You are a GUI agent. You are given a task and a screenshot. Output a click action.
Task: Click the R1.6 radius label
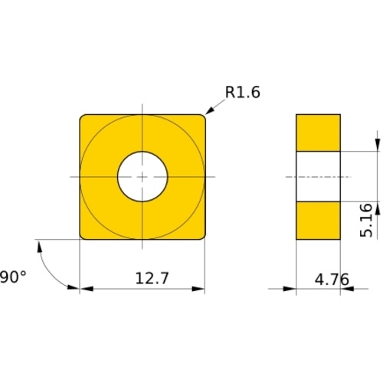(243, 92)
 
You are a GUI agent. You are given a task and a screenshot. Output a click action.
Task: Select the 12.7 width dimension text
(152, 278)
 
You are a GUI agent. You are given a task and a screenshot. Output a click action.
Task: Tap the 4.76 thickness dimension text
(332, 279)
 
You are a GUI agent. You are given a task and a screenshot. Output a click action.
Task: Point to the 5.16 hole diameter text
(366, 221)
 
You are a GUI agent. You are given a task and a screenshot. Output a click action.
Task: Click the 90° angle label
(13, 277)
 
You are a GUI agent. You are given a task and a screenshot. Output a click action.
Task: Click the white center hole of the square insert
(142, 177)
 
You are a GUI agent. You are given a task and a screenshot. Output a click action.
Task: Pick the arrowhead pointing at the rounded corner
(209, 110)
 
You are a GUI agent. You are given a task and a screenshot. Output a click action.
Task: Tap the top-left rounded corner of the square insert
(82, 117)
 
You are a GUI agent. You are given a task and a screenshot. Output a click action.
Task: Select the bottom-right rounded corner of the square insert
(203, 237)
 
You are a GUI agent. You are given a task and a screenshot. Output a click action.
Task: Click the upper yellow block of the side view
(318, 133)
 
